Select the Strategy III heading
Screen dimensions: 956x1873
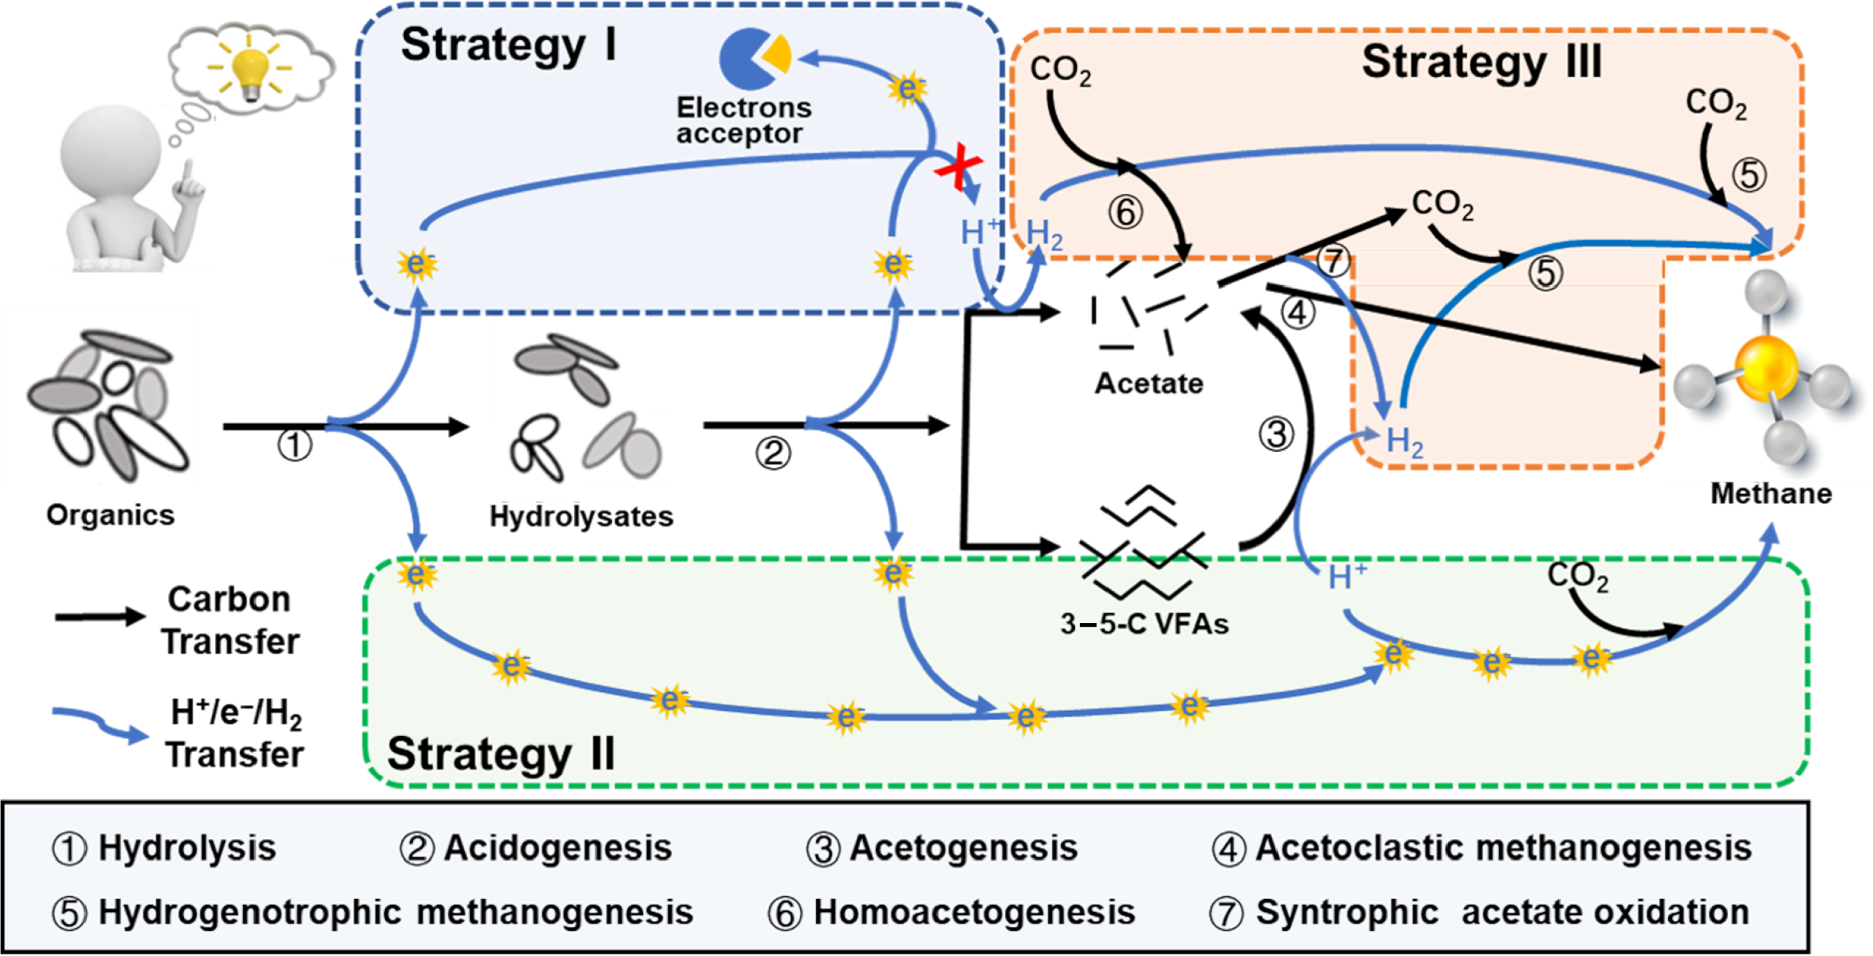tap(1481, 62)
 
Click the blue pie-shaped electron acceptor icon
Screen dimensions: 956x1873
tap(749, 58)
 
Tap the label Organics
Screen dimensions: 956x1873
tap(110, 515)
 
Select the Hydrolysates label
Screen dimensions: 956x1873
tap(581, 516)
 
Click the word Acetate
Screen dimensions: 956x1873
tap(1148, 383)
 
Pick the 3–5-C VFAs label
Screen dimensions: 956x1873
tap(1144, 624)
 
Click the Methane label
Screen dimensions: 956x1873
tap(1771, 494)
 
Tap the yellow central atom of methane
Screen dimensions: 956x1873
tap(1766, 368)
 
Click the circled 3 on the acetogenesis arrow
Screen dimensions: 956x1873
tap(1276, 435)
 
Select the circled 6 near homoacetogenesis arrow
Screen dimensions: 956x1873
tap(1125, 212)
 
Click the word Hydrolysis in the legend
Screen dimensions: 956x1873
tap(187, 848)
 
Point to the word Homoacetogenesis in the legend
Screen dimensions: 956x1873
tap(973, 911)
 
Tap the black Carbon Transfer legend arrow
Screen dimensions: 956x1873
tap(100, 616)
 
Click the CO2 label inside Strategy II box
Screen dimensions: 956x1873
tap(1577, 576)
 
